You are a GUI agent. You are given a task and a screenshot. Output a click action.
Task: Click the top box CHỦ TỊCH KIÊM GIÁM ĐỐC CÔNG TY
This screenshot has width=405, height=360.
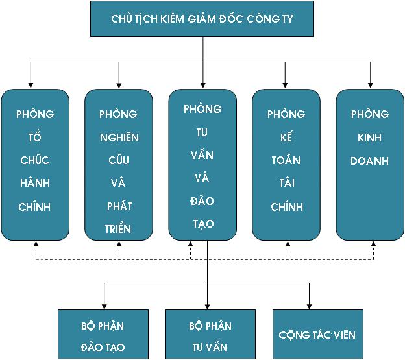(x=202, y=18)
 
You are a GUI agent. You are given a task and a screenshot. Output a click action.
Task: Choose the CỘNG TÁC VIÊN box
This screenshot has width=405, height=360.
(x=317, y=335)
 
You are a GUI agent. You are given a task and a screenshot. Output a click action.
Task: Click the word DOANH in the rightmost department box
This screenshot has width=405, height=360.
(x=370, y=160)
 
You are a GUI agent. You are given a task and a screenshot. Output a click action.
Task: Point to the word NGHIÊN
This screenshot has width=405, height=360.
(x=119, y=138)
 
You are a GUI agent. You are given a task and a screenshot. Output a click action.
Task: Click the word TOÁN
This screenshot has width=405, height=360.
(x=286, y=160)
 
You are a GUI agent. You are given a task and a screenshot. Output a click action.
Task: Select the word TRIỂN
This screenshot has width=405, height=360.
(x=119, y=229)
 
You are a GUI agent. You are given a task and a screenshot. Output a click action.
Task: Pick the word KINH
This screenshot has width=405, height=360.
(x=370, y=138)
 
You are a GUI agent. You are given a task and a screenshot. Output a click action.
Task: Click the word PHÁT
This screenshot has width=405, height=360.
(x=119, y=206)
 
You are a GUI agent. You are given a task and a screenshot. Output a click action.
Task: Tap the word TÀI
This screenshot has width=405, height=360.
(x=286, y=184)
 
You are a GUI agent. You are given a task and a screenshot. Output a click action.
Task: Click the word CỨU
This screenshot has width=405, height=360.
(x=119, y=160)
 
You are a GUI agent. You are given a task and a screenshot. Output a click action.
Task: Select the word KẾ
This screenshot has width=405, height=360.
(x=286, y=138)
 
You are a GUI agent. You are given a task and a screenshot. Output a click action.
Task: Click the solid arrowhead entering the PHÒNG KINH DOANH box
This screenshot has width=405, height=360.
(x=370, y=84)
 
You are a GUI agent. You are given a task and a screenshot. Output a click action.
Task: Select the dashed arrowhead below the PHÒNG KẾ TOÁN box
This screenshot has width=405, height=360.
(x=286, y=245)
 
